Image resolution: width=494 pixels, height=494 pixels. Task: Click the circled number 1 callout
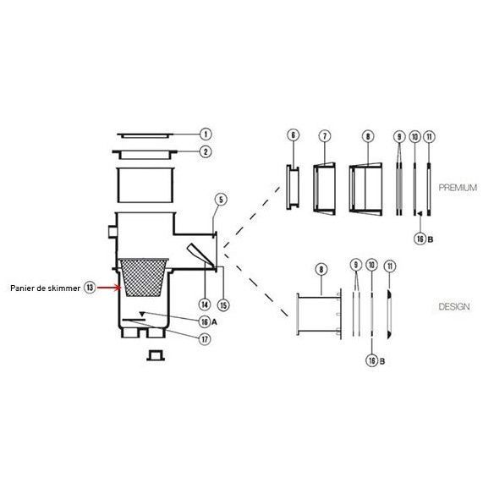pyautogui.click(x=206, y=134)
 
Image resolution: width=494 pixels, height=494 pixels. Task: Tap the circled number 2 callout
pyautogui.click(x=206, y=152)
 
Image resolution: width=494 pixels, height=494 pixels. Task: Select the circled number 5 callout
pyautogui.click(x=221, y=200)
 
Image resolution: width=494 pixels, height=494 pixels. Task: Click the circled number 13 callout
pyautogui.click(x=90, y=288)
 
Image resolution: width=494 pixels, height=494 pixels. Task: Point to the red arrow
pyautogui.click(x=108, y=288)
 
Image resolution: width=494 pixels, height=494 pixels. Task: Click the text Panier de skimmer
pyautogui.click(x=46, y=288)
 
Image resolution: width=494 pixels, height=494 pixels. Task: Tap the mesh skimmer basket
pyautogui.click(x=143, y=277)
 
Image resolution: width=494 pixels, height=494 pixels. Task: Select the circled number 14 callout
pyautogui.click(x=205, y=305)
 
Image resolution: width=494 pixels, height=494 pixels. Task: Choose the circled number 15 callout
pyautogui.click(x=223, y=305)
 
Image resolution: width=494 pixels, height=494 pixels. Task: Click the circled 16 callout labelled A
pyautogui.click(x=205, y=321)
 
